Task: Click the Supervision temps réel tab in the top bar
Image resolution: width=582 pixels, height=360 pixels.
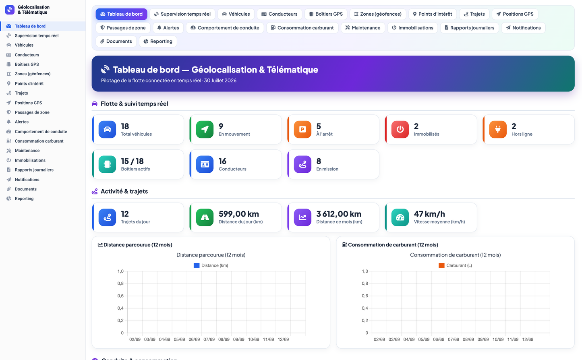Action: click(182, 14)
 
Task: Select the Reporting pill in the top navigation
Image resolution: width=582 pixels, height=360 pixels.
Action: click(158, 41)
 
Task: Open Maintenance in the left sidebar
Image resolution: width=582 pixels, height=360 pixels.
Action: click(27, 151)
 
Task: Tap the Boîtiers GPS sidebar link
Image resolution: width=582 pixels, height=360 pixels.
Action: click(27, 64)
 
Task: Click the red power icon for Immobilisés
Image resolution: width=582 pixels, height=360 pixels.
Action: click(400, 129)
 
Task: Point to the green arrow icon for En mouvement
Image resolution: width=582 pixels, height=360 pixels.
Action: click(205, 129)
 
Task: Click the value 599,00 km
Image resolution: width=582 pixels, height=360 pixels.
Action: click(239, 214)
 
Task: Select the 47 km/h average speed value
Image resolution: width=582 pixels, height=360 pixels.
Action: click(429, 214)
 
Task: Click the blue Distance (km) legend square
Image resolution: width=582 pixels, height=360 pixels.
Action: click(197, 265)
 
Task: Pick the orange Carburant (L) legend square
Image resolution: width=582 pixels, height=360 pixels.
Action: click(441, 265)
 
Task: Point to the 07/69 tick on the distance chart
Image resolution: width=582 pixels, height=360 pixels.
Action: click(209, 339)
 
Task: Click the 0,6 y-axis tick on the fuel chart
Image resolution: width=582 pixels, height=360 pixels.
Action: click(365, 296)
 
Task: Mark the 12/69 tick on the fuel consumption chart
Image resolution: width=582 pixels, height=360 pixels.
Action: click(528, 339)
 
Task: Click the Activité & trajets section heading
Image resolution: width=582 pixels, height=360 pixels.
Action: click(124, 191)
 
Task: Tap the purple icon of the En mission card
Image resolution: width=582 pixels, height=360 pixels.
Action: click(302, 164)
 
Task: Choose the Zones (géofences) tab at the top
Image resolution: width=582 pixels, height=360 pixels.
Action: click(378, 14)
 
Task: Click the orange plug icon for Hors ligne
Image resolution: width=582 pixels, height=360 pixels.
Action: click(497, 129)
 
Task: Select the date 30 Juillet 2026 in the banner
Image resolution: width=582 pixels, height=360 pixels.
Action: click(220, 81)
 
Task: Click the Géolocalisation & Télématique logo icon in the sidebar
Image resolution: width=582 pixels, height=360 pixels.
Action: click(10, 10)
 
